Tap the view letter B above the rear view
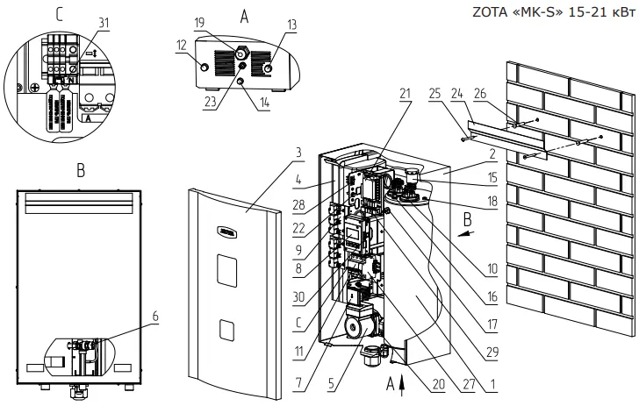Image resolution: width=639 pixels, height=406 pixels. point(79,173)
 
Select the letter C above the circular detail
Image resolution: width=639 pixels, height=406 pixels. point(58,14)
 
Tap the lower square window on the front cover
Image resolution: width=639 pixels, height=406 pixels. point(226,330)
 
